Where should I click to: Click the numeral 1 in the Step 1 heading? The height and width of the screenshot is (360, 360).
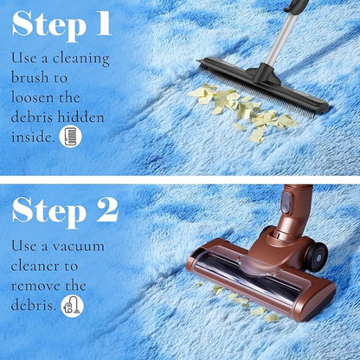[103, 23]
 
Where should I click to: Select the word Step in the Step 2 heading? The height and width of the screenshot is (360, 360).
[49, 213]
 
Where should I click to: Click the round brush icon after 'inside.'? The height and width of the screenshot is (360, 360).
[70, 137]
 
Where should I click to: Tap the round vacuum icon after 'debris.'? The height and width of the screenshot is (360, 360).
[73, 306]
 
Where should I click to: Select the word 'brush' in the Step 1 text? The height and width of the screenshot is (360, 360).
[29, 78]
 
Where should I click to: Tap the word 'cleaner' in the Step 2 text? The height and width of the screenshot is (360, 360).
[35, 266]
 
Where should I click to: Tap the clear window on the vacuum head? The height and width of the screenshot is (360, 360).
[248, 271]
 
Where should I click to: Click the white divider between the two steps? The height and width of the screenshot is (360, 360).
[180, 180]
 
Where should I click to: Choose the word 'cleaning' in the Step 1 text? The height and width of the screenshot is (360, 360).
[80, 59]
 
